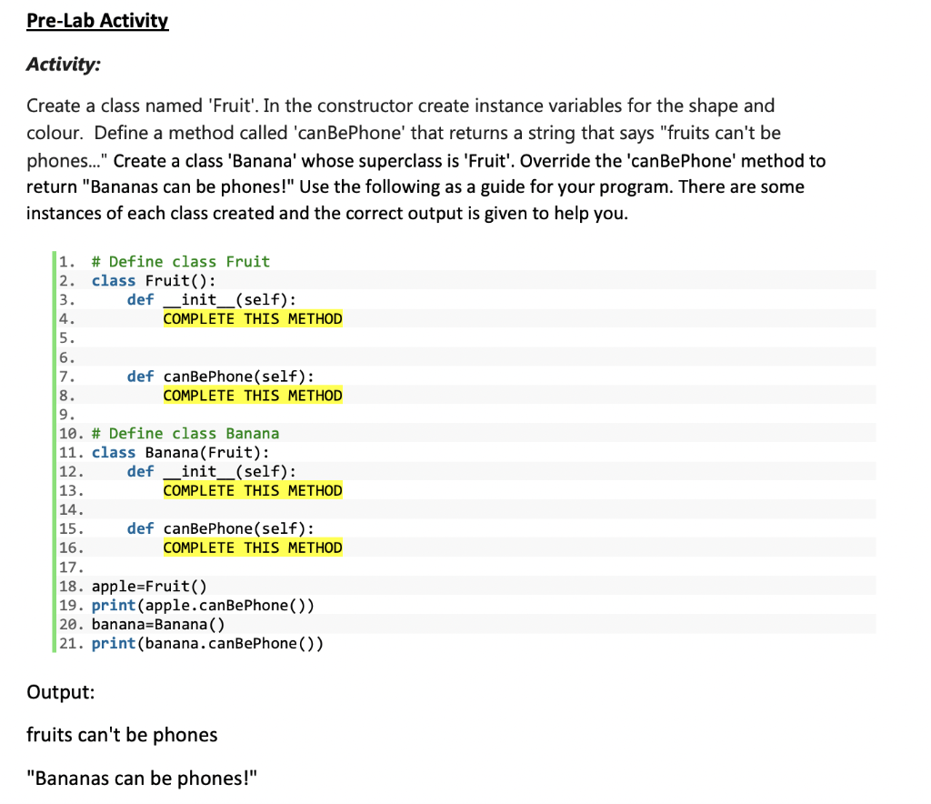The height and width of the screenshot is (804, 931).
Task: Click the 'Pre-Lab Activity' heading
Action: click(x=97, y=21)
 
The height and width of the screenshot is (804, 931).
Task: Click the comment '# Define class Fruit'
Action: click(x=180, y=262)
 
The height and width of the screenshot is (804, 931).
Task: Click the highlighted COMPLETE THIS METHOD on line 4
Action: click(x=253, y=319)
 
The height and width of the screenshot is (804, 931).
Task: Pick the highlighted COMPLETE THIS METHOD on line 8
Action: click(x=253, y=396)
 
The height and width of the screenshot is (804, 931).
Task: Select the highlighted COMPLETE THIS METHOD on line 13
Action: click(x=253, y=491)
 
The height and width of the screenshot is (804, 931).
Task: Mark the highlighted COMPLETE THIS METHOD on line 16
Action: click(x=253, y=548)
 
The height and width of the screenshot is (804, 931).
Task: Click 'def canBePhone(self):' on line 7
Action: click(x=221, y=377)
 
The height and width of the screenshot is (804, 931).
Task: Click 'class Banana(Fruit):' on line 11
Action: click(x=180, y=453)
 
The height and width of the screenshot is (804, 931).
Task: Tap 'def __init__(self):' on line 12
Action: click(x=211, y=471)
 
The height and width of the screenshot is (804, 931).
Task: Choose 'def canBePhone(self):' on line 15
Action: click(x=221, y=528)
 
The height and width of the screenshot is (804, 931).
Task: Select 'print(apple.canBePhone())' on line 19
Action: click(x=203, y=606)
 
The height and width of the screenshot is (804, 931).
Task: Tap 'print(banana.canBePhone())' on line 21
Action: click(x=207, y=644)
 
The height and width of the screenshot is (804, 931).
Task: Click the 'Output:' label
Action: click(x=60, y=692)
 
